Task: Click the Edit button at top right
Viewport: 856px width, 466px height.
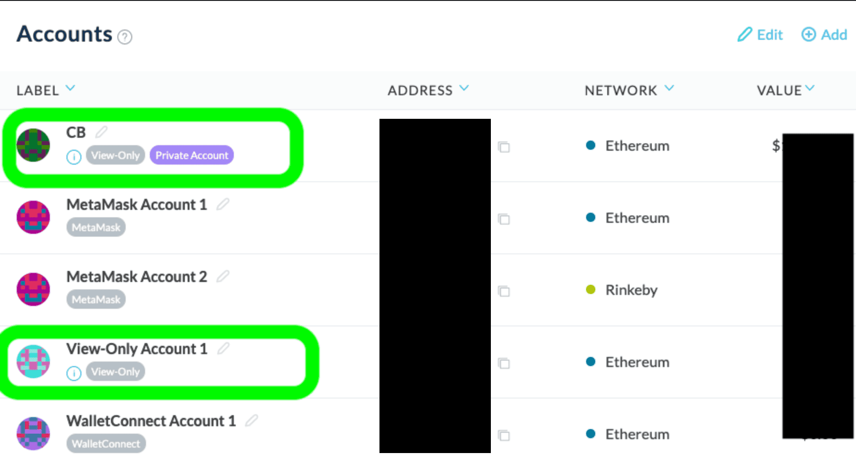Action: coord(760,35)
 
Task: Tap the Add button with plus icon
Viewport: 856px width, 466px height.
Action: coord(824,35)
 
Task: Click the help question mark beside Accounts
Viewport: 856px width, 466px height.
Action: coord(125,37)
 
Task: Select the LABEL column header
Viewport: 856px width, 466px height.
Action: coord(45,90)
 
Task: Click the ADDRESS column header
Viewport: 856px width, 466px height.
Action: coord(428,90)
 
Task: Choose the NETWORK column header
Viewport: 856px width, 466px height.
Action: coord(629,90)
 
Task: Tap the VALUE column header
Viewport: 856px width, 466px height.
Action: coord(785,90)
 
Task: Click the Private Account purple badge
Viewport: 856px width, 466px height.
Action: coord(192,155)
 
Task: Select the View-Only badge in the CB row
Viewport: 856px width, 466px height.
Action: coord(116,155)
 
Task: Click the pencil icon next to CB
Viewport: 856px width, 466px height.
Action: coord(101,132)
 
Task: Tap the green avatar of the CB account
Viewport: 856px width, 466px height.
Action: coord(33,145)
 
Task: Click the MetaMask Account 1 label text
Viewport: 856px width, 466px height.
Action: coord(137,204)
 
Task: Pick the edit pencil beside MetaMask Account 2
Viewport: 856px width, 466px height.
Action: coord(223,276)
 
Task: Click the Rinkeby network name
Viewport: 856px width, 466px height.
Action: coord(631,290)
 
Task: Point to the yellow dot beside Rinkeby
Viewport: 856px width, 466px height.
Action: coord(590,289)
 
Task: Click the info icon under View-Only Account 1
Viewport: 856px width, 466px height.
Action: coord(73,373)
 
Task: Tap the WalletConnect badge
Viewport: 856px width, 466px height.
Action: coord(106,444)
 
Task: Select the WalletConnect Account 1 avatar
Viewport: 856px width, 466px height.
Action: coord(33,434)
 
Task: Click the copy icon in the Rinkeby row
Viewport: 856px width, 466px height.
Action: coord(504,291)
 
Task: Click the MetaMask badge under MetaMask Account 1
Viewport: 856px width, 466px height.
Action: coord(96,227)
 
